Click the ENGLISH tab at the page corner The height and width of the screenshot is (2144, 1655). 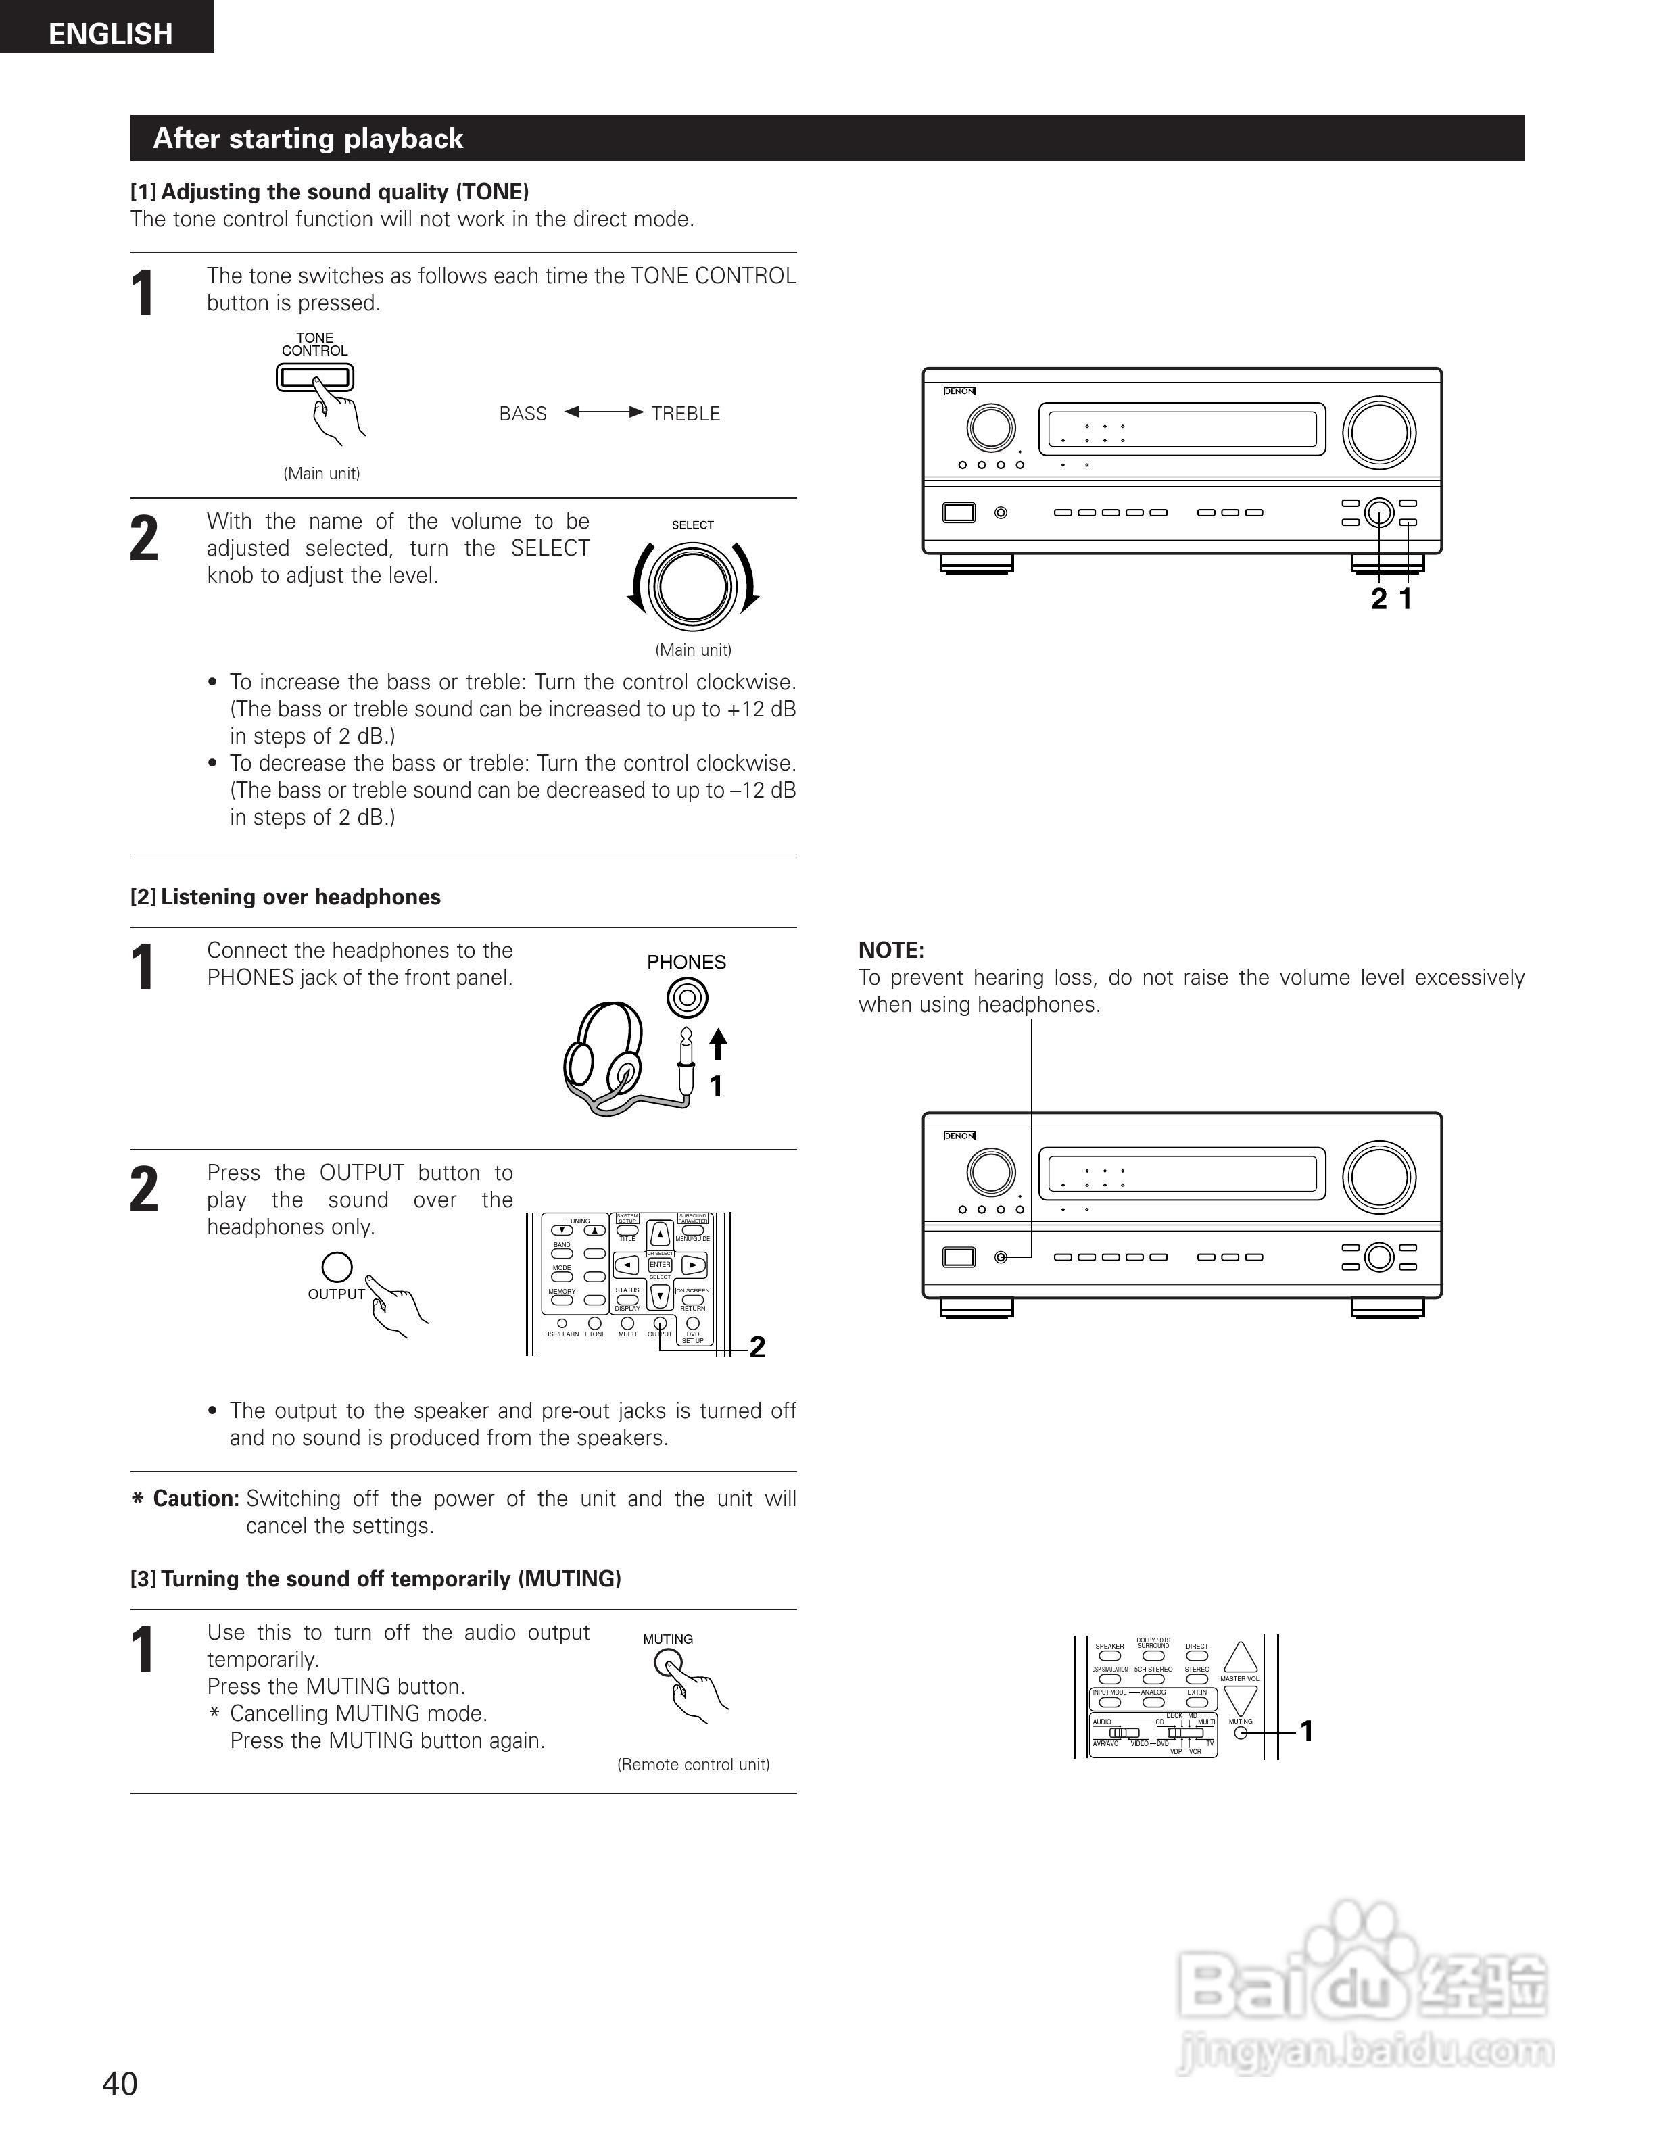click(110, 33)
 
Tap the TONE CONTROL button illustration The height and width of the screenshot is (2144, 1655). click(314, 377)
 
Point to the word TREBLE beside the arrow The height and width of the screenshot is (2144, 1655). click(685, 413)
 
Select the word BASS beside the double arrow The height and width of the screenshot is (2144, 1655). click(522, 413)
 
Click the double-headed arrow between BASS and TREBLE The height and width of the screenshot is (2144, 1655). click(604, 412)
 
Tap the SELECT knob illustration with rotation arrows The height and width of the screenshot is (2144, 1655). click(692, 586)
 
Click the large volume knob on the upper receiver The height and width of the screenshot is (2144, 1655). click(1378, 432)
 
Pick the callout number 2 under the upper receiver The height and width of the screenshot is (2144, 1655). click(1378, 599)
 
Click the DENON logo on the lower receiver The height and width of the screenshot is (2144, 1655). click(959, 1136)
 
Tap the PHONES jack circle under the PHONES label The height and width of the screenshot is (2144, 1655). click(686, 998)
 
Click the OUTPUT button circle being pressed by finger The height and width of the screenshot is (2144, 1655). click(337, 1267)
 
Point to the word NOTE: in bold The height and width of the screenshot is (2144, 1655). click(890, 950)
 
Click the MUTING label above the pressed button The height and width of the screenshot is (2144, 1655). click(667, 1639)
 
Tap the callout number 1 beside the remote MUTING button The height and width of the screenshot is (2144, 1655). click(1307, 1731)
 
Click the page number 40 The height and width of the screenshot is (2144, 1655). click(120, 2083)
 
